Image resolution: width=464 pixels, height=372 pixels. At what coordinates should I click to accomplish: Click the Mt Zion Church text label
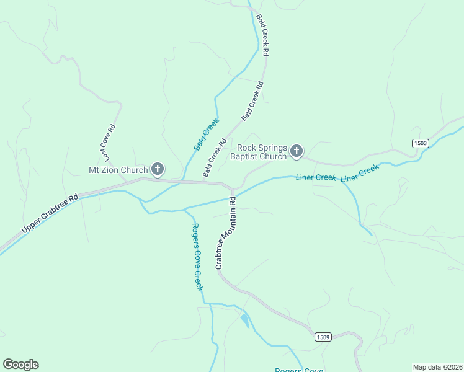click(x=118, y=170)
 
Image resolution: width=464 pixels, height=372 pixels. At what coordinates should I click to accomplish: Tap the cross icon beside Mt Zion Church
click(x=158, y=169)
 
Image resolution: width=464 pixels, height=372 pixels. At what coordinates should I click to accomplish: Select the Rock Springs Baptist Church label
click(x=262, y=152)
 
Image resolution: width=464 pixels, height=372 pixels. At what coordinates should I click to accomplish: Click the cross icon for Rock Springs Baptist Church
click(x=297, y=150)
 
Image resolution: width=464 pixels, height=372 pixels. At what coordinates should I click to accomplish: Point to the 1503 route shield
click(x=420, y=143)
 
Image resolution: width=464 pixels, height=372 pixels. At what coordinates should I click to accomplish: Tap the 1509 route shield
click(x=323, y=337)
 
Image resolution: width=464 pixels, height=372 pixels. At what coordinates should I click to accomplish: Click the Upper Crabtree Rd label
click(x=50, y=215)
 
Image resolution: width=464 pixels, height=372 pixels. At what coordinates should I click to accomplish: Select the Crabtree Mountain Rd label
click(x=225, y=232)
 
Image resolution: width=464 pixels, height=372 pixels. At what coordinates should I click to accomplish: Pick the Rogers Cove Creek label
click(x=197, y=256)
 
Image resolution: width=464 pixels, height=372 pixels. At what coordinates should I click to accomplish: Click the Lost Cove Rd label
click(x=108, y=144)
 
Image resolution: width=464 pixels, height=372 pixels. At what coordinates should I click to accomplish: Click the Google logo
click(x=20, y=365)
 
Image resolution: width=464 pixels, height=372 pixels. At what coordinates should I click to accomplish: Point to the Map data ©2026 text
click(x=437, y=367)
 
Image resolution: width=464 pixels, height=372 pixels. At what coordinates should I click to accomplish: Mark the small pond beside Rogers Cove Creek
click(x=244, y=321)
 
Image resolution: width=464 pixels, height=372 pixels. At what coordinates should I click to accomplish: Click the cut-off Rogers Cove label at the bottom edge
click(x=299, y=370)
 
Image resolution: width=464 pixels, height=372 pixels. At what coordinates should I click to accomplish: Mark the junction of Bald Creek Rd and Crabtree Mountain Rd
click(x=233, y=188)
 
